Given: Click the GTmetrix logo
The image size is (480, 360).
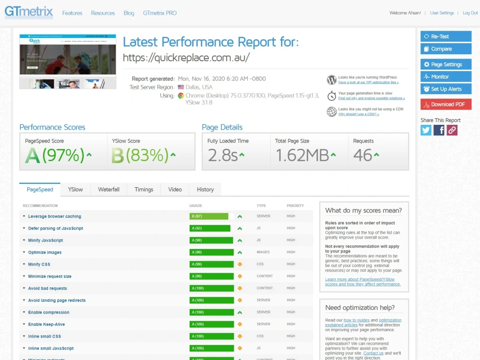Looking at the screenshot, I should pos(29,12).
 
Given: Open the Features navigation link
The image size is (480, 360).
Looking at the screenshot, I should pos(72,13).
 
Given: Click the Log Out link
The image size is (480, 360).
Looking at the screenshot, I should pos(470,13).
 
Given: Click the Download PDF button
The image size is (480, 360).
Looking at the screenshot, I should pos(446,104).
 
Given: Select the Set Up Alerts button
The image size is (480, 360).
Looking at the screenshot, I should pos(446,89).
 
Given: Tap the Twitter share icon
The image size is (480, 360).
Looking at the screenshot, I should pos(426,130).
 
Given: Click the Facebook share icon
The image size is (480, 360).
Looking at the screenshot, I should pos(439,130).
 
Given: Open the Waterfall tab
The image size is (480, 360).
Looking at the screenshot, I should pos(108,190).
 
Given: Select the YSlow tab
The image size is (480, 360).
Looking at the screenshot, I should pos(75,190).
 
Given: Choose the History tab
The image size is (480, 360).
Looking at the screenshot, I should pos(205,190).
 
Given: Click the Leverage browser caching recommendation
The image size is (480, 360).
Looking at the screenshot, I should pos(54,216).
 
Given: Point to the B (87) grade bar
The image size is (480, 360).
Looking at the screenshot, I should pos(209,216).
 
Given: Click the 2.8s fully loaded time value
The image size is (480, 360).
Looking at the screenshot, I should pos(223,155).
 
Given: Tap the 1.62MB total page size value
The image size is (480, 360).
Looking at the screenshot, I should pos(302,155).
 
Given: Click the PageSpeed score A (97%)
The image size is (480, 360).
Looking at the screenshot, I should pos(55,155).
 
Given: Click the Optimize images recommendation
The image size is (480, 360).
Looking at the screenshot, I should pos(45,252).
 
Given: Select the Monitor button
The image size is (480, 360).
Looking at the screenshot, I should pos(446,77).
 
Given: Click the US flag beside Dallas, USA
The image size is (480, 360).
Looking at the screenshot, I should pos(181,87).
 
